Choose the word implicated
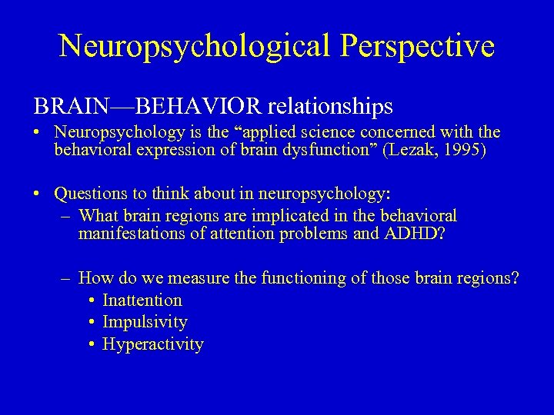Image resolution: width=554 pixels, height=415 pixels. click(x=275, y=216)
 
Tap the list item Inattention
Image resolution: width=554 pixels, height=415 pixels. click(x=142, y=300)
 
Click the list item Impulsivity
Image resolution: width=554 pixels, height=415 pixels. click(x=145, y=322)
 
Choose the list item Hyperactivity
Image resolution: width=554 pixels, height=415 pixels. click(x=152, y=344)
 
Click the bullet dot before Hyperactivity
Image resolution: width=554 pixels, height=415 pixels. click(x=91, y=344)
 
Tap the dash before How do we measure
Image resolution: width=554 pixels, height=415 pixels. click(x=67, y=278)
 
